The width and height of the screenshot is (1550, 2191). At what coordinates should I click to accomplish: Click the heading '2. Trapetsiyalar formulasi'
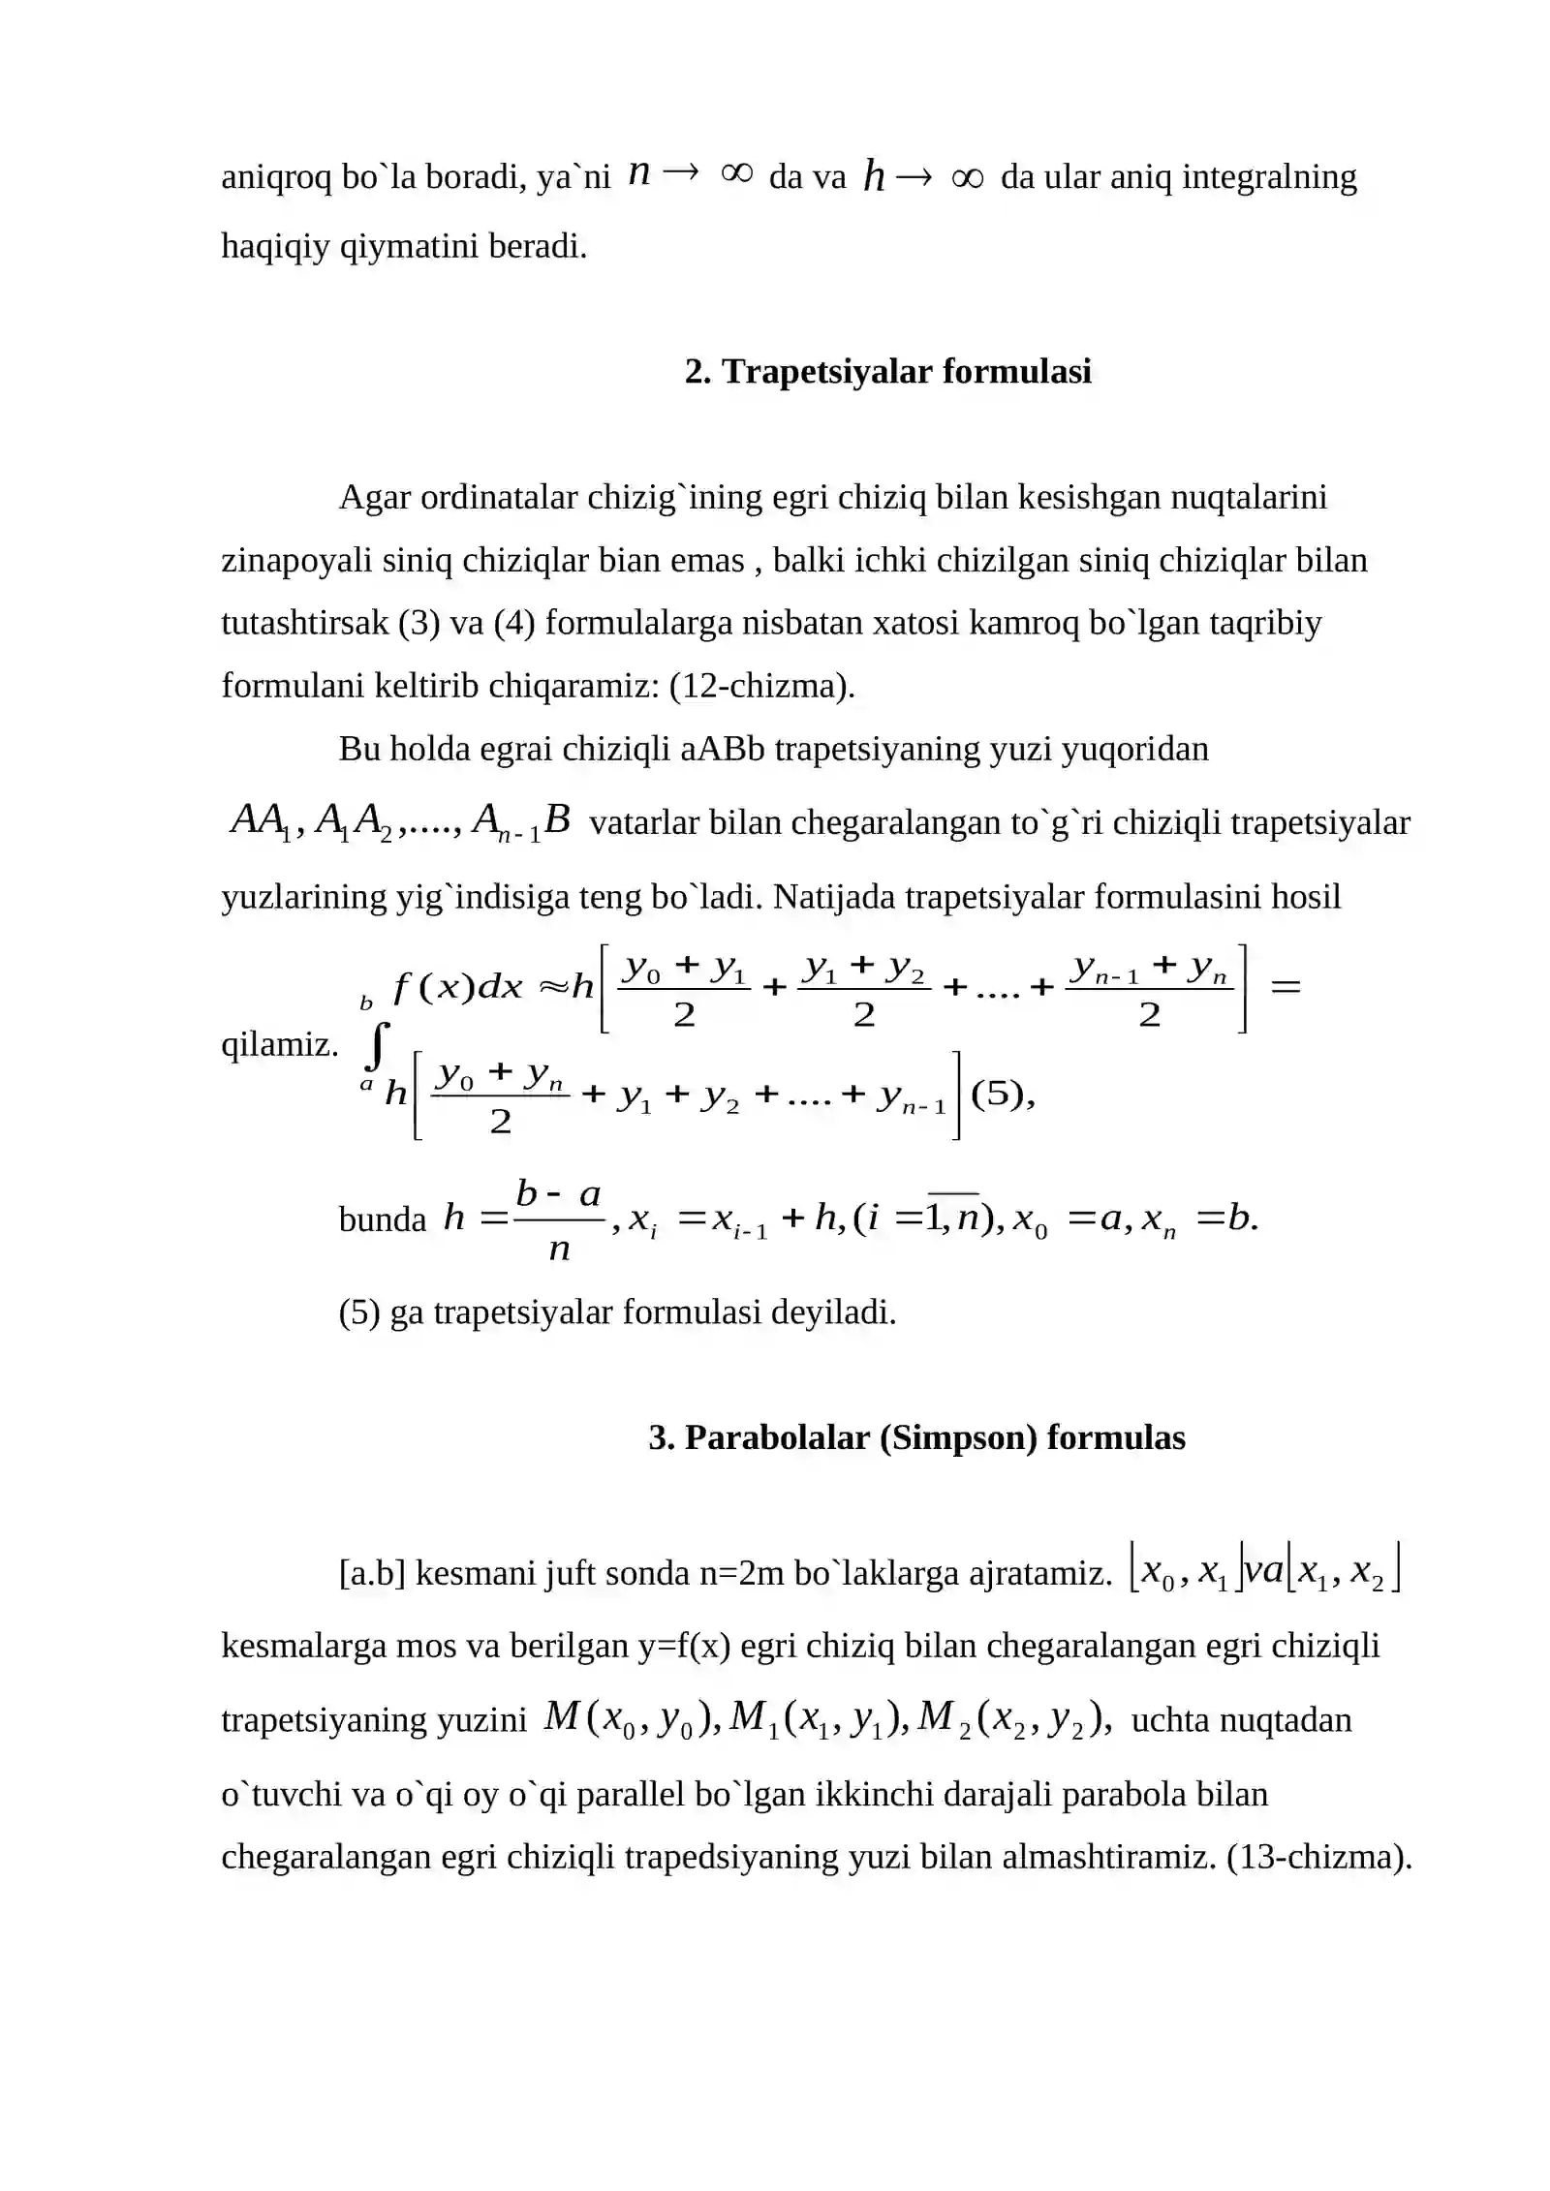(x=887, y=372)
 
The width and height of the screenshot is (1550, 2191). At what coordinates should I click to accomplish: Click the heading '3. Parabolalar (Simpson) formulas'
(x=916, y=1438)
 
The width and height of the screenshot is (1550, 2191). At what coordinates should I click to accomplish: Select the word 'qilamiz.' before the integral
(x=280, y=1045)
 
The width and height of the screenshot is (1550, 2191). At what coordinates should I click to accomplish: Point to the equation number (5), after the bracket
(x=1002, y=1095)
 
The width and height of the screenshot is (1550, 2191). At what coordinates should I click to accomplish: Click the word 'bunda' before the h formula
(x=382, y=1219)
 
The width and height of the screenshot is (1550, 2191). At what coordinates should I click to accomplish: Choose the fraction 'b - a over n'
(x=559, y=1220)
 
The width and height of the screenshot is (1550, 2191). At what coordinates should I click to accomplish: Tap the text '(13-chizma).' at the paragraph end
(x=1318, y=1857)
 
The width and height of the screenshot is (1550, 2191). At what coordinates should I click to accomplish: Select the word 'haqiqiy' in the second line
(x=276, y=247)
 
